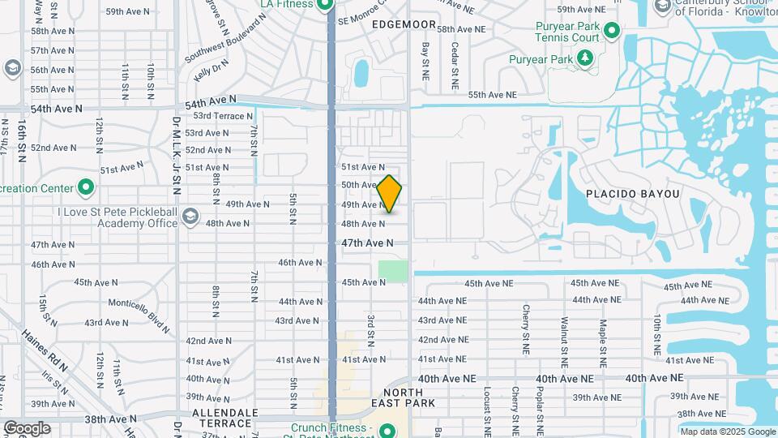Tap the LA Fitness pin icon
[x=325, y=5]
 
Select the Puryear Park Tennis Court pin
[x=613, y=32]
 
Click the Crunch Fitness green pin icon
[x=387, y=431]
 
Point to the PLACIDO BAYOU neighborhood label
[x=633, y=194]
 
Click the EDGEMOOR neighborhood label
[x=404, y=25]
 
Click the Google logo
[x=27, y=428]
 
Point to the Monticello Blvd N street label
[x=139, y=316]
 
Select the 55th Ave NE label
[x=491, y=95]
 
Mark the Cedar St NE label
[x=455, y=66]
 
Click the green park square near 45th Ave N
[x=393, y=271]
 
